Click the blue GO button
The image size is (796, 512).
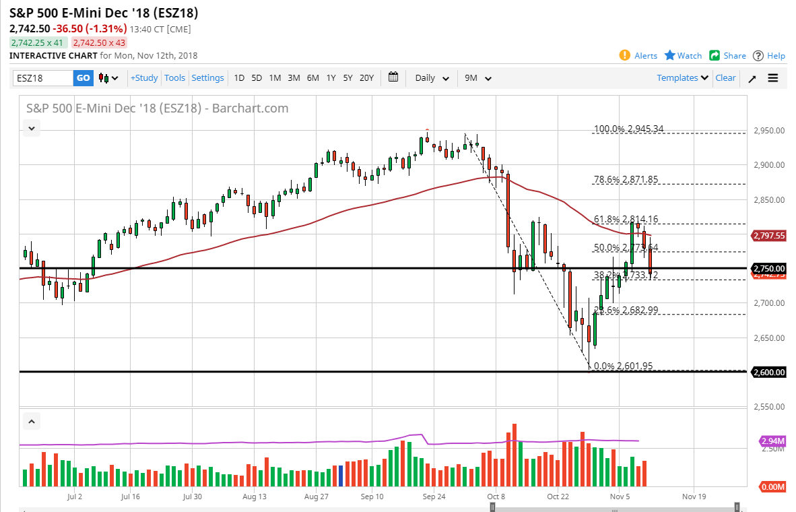[83, 78]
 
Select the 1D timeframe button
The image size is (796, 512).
[239, 78]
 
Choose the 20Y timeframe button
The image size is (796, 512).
[366, 78]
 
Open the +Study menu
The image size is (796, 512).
[144, 78]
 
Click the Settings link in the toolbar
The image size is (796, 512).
[207, 78]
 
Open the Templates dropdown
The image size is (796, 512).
[682, 78]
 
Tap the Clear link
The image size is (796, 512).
[725, 78]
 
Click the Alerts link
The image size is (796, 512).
[645, 56]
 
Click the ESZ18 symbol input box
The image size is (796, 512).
[42, 78]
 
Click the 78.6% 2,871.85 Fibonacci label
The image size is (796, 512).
[626, 179]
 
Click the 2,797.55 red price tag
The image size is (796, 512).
[770, 236]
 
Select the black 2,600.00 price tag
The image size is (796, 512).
[770, 372]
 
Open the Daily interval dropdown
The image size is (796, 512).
[432, 78]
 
